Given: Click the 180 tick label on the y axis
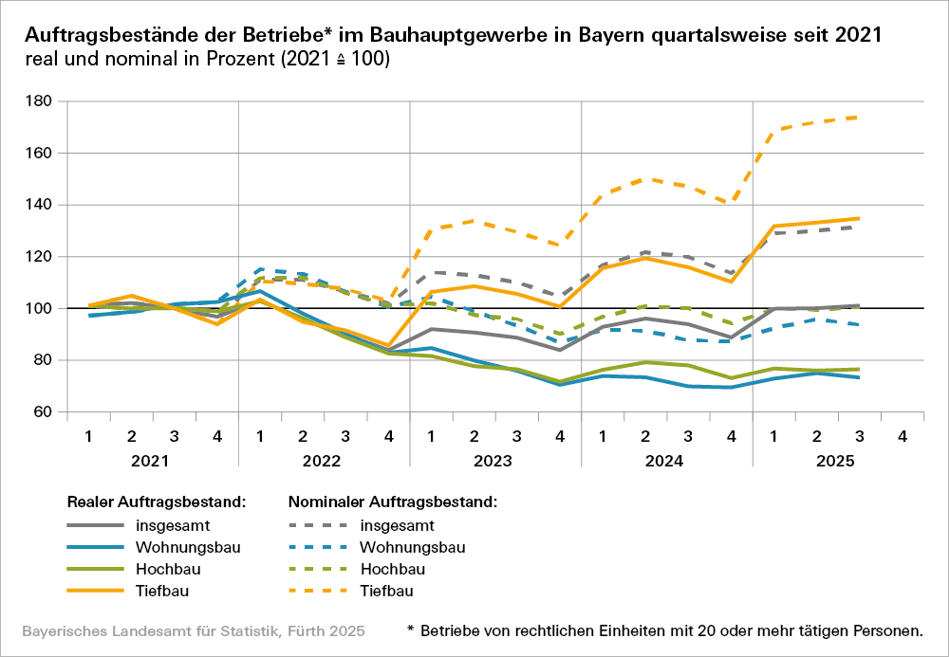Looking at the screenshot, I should [x=41, y=101].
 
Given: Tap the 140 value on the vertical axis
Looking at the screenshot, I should [x=41, y=205].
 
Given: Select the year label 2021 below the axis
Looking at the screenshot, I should [x=152, y=462].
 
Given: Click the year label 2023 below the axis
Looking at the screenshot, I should [x=495, y=462].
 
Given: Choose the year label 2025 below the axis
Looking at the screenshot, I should [x=837, y=462].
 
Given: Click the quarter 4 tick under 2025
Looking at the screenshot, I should [x=902, y=436].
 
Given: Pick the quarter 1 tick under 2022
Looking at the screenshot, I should [x=259, y=436].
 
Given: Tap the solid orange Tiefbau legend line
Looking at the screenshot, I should [x=95, y=591].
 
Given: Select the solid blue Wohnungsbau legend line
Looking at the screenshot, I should [x=95, y=547].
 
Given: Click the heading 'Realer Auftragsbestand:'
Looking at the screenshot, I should [x=157, y=502].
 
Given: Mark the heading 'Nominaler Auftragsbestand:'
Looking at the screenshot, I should [x=393, y=502].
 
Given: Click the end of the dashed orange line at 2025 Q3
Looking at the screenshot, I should [x=859, y=118].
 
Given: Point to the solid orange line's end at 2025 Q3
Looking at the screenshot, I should [x=859, y=218].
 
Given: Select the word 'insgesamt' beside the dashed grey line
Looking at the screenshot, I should [x=398, y=525].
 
